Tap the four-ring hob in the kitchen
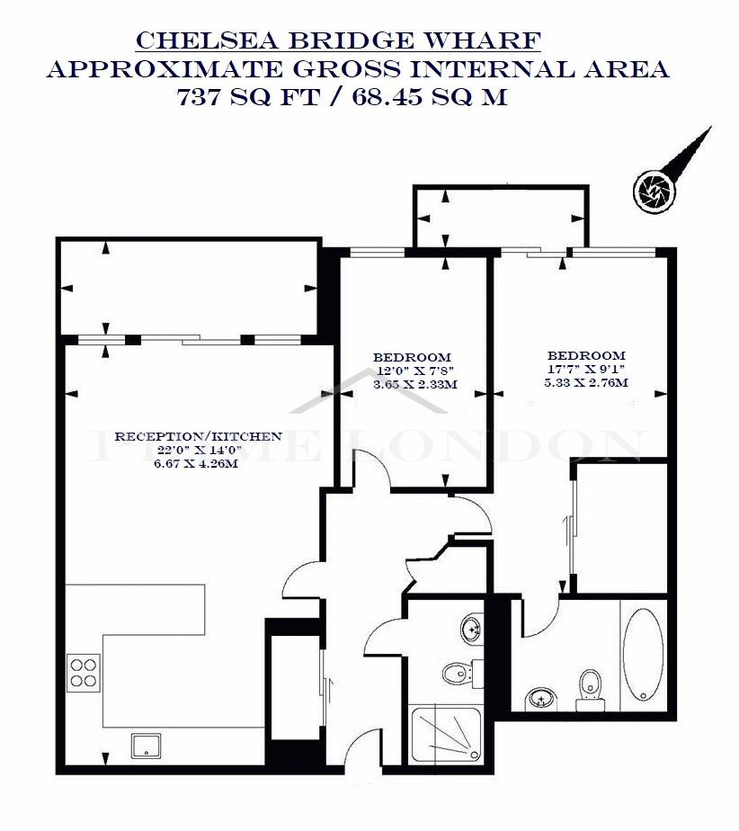point(84,673)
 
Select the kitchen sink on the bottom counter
point(144,745)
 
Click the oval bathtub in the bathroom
point(642,656)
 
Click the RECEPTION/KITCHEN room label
point(198,436)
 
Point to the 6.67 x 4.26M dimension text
point(198,465)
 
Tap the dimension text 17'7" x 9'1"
point(586,369)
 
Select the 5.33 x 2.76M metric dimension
point(586,382)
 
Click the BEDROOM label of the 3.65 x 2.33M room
point(412,357)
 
